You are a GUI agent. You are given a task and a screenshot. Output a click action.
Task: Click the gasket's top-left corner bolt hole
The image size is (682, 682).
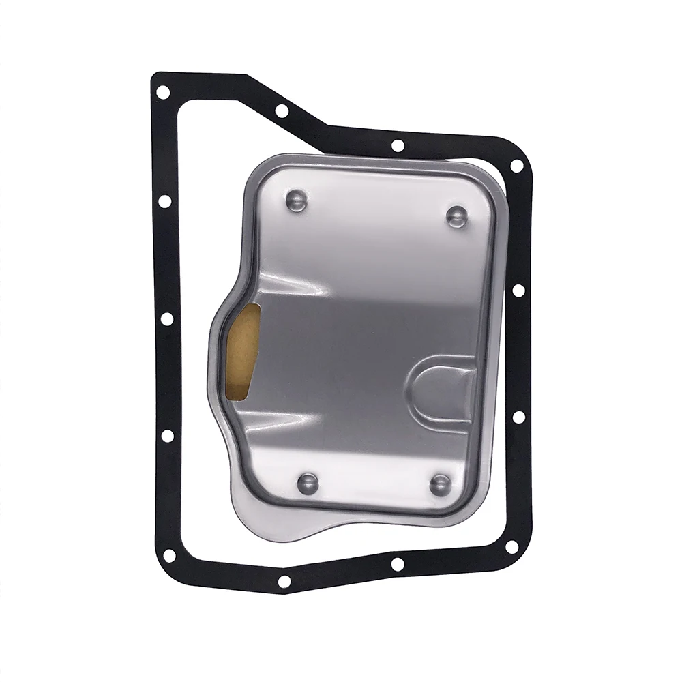[163, 91]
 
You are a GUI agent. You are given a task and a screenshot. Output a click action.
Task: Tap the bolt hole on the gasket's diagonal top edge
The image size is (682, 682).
[282, 110]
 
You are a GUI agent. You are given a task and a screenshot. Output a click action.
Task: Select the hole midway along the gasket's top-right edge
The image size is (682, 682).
[398, 145]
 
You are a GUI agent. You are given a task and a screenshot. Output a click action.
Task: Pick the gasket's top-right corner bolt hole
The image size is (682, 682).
[516, 166]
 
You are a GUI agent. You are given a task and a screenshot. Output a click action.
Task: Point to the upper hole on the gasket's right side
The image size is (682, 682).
[518, 291]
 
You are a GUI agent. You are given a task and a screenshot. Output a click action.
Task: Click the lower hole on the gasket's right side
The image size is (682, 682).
[519, 417]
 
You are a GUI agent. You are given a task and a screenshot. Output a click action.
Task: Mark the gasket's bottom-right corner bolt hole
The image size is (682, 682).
[512, 546]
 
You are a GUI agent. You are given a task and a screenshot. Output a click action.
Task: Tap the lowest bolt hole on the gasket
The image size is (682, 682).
[284, 581]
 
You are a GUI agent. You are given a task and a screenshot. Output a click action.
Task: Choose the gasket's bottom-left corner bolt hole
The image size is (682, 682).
[168, 555]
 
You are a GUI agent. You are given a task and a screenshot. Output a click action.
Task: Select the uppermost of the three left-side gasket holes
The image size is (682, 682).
[164, 201]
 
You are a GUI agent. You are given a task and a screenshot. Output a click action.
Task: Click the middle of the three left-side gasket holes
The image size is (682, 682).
[166, 318]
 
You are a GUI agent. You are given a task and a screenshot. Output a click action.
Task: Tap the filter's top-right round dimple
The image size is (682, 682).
[457, 216]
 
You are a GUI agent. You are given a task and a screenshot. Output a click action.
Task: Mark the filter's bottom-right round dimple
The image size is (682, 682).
[440, 484]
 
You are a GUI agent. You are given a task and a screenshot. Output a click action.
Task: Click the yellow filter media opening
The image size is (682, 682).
[243, 351]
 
